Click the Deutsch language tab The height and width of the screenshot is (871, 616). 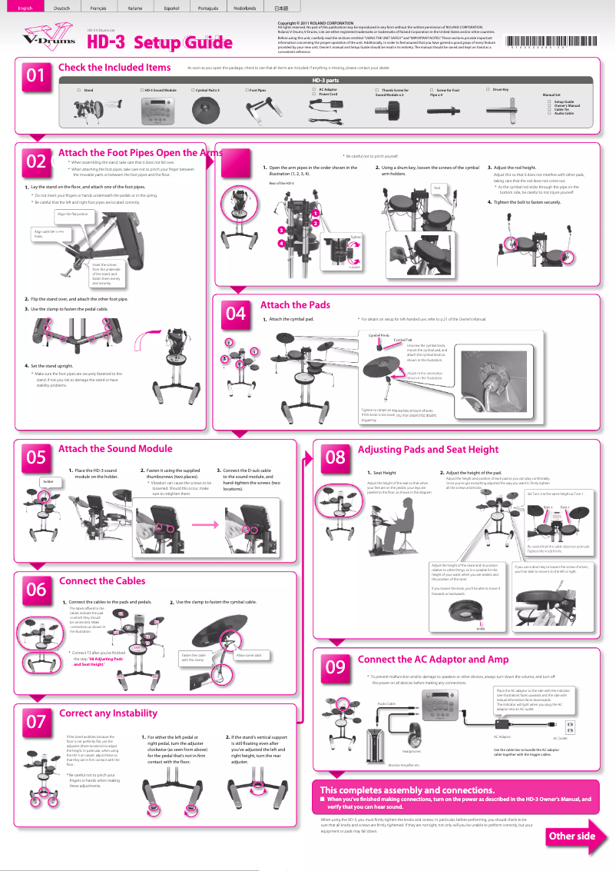click(64, 7)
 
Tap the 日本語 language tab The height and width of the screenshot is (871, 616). click(281, 7)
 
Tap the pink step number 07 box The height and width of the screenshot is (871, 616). click(36, 722)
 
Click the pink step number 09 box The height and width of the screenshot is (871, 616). click(335, 667)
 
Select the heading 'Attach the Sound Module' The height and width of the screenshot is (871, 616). click(115, 449)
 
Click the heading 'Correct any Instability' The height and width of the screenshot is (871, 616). click(108, 713)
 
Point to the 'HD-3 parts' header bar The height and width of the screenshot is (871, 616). click(326, 80)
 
